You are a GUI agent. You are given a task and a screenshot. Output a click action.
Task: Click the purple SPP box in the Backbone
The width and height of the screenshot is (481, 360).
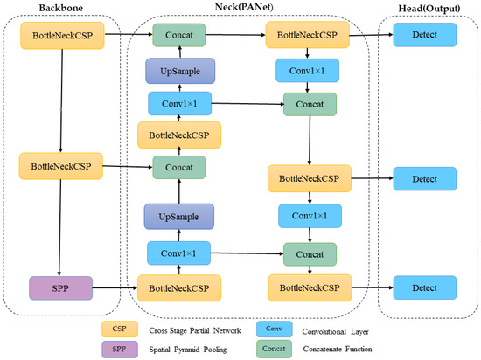59,287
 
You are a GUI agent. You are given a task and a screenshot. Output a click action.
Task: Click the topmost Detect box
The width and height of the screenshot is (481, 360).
424,35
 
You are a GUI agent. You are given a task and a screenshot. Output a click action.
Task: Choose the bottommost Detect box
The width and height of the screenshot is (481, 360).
424,287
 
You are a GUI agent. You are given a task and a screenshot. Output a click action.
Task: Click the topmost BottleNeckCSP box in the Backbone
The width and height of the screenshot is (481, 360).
59,35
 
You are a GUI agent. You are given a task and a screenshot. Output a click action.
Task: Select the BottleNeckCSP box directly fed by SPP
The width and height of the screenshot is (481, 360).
178,287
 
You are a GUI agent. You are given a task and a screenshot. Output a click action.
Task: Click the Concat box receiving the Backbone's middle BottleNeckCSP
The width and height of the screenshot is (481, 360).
178,167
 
